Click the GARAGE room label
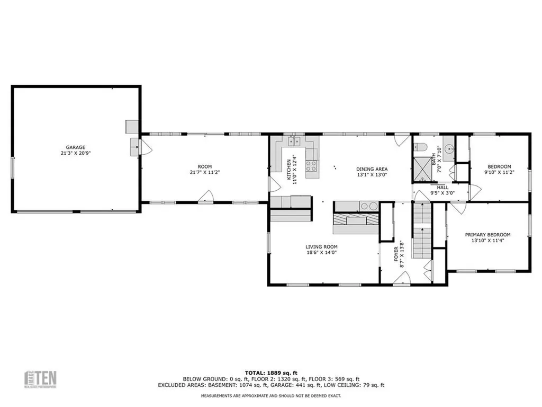(x=76, y=147)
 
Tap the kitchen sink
(x=294, y=141)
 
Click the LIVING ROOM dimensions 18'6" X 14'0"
(x=321, y=253)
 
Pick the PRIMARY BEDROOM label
(x=487, y=235)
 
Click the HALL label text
(x=442, y=187)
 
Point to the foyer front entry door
(x=402, y=278)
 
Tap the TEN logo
(x=42, y=379)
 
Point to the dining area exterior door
(x=402, y=139)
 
